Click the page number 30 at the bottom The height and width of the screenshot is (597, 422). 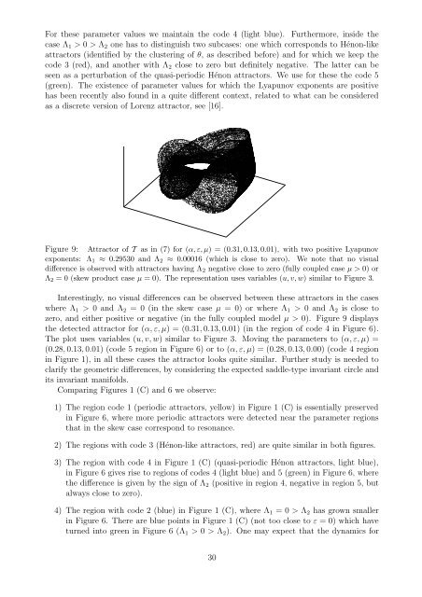point(211,583)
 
